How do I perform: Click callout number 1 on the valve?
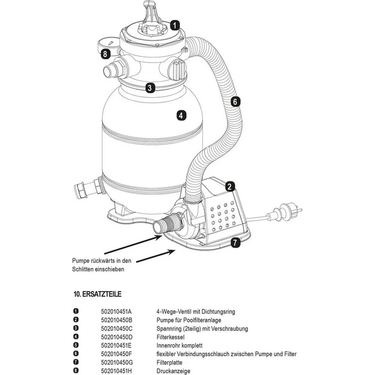[x=175, y=25]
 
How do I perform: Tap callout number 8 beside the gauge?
[x=105, y=54]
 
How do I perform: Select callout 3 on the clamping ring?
[x=150, y=88]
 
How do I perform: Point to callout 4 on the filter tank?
[x=181, y=116]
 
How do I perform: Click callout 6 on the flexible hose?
[x=235, y=102]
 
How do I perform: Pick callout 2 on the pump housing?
[x=230, y=186]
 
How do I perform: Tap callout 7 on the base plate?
[x=235, y=243]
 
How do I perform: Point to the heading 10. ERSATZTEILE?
[x=98, y=294]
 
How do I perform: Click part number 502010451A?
[x=116, y=311]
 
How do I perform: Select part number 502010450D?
[x=117, y=337]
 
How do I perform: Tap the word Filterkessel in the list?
[x=171, y=337]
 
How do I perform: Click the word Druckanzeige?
[x=173, y=371]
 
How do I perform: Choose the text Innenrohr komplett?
[x=179, y=345]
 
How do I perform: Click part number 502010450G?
[x=117, y=363]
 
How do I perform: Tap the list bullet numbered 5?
[x=76, y=345]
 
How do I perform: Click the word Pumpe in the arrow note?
[x=81, y=261]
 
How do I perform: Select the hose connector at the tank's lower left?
[x=89, y=187]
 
